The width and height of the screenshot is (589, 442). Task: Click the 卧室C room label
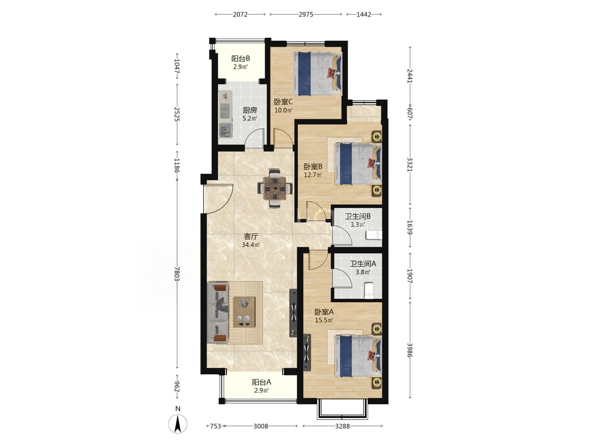tap(283, 102)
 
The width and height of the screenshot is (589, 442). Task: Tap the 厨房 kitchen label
tap(249, 110)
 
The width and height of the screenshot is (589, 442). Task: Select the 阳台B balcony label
tap(240, 58)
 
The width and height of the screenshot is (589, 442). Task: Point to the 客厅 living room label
tap(251, 237)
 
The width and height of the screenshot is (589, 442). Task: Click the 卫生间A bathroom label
tap(363, 264)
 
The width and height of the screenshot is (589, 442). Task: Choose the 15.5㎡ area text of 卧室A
tap(324, 320)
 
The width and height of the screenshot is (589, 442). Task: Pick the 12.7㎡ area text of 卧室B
tap(313, 175)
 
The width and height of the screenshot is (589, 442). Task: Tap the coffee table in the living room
tap(244, 312)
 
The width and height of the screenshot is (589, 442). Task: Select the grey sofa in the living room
tap(218, 313)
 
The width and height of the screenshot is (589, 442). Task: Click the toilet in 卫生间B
tap(374, 235)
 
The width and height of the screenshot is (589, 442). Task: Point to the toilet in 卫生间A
tap(369, 290)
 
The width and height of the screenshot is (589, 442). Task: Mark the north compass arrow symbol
tap(178, 424)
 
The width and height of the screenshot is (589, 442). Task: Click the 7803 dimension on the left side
tap(177, 274)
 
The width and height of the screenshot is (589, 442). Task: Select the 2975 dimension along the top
tap(306, 14)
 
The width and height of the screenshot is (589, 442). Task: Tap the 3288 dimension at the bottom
tap(342, 426)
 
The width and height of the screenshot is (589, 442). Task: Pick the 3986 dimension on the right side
tap(409, 350)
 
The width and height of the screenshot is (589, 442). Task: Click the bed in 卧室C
tap(318, 74)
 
